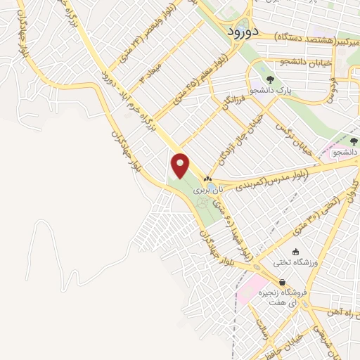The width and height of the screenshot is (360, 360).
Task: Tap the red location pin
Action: (181, 166)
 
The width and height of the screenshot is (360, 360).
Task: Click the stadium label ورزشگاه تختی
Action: (295, 262)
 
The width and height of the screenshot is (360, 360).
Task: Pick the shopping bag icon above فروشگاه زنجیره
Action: (282, 283)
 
